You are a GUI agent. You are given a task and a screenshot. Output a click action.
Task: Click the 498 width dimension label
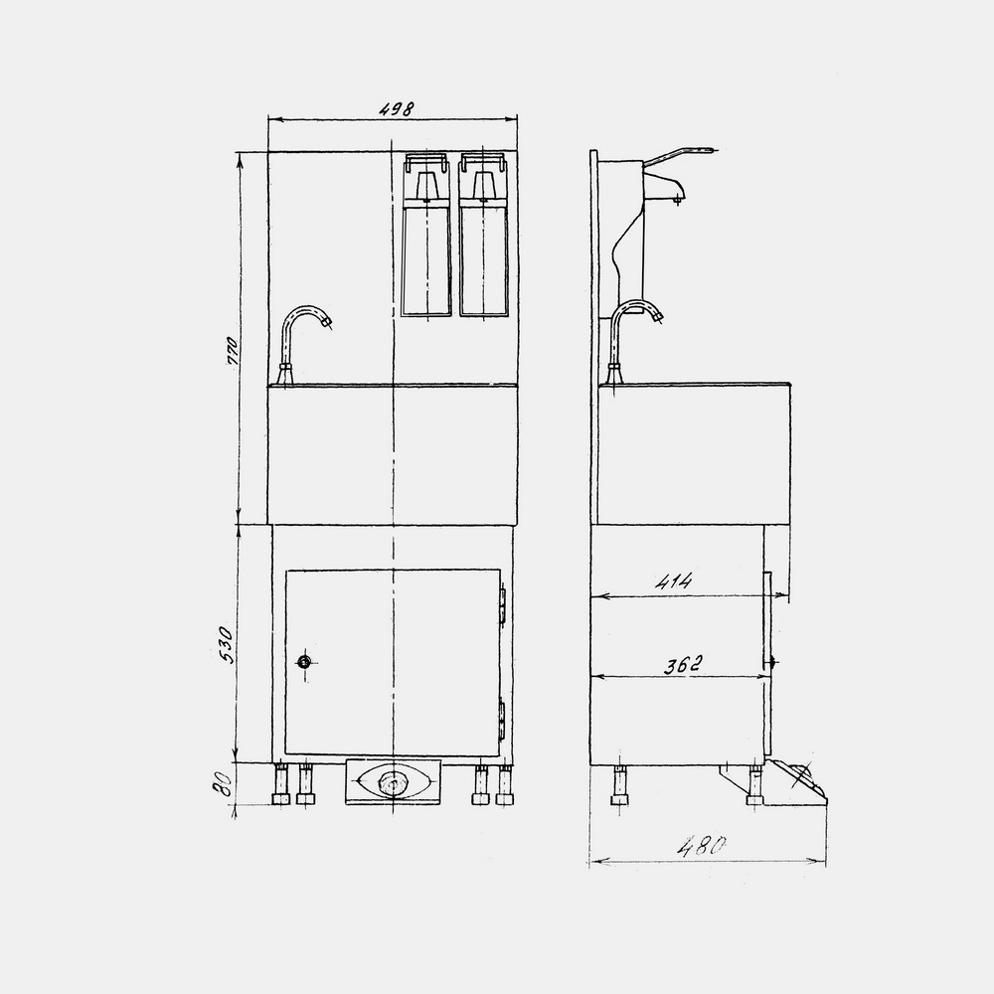tap(397, 108)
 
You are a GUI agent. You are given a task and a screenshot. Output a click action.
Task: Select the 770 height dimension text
tap(232, 351)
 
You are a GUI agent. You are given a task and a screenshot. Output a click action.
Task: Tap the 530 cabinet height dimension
tap(227, 644)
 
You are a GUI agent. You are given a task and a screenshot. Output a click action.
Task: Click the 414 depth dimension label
tap(675, 580)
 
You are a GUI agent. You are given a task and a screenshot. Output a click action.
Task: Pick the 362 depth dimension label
tap(684, 665)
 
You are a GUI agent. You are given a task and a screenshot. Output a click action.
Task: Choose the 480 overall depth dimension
tap(701, 846)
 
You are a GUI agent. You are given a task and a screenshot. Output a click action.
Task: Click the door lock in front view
tap(305, 663)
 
